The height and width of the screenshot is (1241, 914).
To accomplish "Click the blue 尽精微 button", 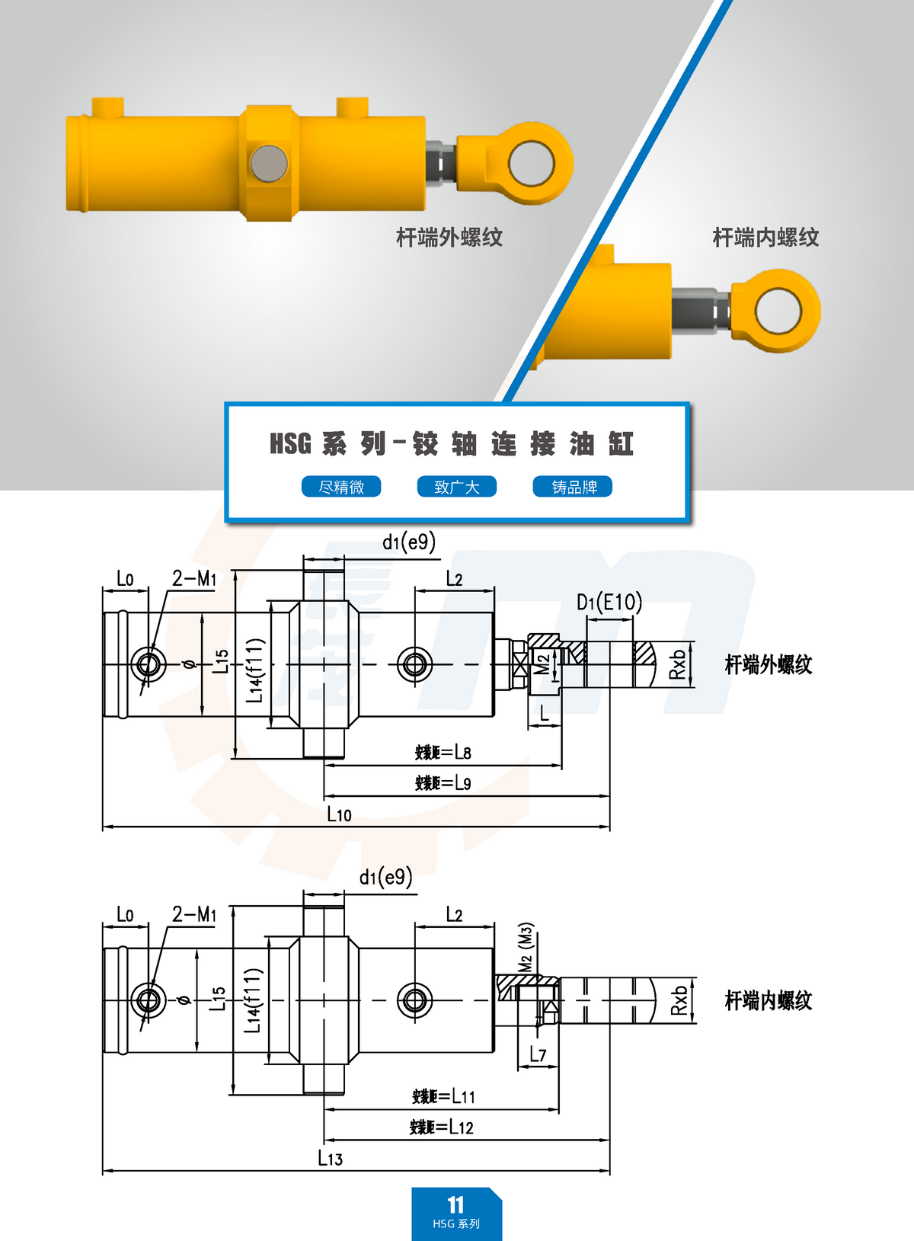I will point(341,487).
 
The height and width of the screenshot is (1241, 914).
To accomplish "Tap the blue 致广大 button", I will point(457,487).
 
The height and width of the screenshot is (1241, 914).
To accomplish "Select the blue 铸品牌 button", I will point(573,487).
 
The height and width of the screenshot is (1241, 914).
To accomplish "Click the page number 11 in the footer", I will point(455,1204).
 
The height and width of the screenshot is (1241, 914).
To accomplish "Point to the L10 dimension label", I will point(339,814).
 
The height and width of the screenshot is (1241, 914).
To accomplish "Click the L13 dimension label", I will point(330,1158).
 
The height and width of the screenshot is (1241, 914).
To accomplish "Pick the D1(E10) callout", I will point(609,603).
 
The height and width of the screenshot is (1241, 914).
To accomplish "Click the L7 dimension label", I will point(538,1054).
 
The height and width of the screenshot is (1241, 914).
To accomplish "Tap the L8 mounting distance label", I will point(443,753).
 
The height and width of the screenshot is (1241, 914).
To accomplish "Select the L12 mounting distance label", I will point(442,1127).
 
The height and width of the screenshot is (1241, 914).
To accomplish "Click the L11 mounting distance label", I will point(443,1096).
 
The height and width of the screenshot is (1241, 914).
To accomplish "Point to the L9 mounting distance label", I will point(443,782).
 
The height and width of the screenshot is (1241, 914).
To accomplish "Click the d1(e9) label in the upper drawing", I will point(409,542).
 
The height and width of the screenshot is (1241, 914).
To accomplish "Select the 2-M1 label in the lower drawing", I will point(194,913).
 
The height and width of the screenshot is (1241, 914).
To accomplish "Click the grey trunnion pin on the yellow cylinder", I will point(269,163).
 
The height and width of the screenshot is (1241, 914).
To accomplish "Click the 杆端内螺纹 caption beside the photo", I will point(765,238).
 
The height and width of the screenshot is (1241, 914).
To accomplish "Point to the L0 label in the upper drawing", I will point(125,579).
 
